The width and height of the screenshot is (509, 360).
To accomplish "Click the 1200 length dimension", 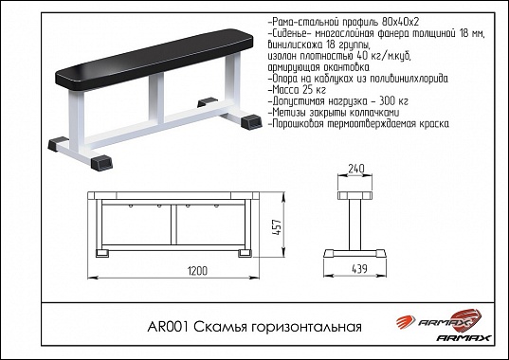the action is pos(197,271).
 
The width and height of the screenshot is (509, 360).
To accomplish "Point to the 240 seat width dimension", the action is pos(356,169).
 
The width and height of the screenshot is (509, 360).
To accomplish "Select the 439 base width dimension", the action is pos(359,269).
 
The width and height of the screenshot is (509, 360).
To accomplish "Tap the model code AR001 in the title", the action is pos(168,327).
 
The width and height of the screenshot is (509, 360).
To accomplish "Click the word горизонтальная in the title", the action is pos(306,328).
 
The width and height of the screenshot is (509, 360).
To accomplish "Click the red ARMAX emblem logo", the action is pos(439,320).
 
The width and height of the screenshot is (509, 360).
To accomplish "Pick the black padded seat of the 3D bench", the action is pos(154,59).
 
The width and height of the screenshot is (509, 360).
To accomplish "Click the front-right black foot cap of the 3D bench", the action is pos(101,163).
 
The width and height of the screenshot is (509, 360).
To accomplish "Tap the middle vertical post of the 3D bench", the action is pos(156,99).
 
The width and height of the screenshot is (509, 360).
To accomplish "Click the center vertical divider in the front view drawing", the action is pos(173,225).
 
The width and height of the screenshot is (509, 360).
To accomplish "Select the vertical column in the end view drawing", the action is pos(355,225).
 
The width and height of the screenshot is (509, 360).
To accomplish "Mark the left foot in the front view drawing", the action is pos(102,253).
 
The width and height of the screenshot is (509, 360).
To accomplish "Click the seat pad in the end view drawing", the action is pos(355,195).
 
